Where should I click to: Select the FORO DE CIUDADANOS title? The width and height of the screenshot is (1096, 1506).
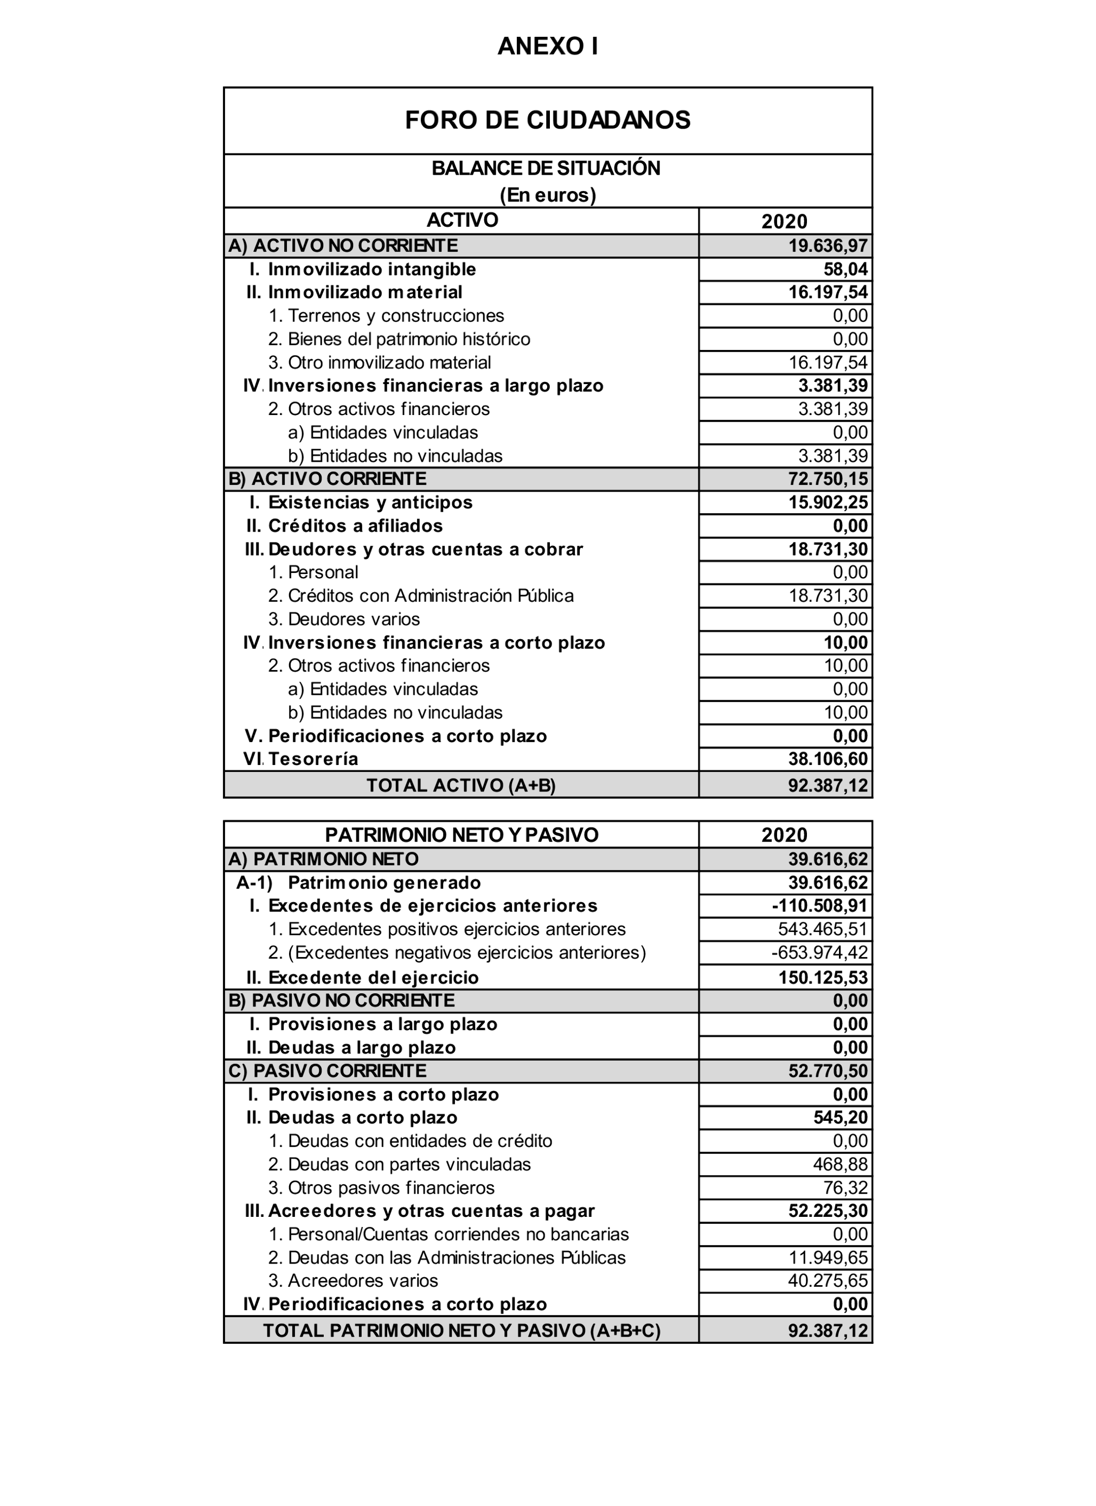pos(548,120)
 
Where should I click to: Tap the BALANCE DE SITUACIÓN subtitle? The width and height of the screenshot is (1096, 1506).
pos(546,169)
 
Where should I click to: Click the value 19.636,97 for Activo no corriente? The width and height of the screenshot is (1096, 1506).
pos(827,246)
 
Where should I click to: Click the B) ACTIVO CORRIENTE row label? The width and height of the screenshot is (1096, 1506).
pos(327,478)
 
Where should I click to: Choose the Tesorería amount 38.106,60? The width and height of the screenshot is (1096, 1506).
pos(827,759)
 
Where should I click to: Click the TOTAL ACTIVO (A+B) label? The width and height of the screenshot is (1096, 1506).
pos(461,786)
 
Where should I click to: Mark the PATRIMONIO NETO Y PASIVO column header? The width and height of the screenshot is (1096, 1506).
pos(462,835)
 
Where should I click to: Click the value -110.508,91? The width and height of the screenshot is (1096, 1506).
pos(819,906)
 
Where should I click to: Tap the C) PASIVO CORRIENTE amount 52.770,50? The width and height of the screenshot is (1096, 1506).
pos(827,1071)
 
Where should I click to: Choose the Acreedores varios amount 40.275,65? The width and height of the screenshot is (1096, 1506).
pos(827,1280)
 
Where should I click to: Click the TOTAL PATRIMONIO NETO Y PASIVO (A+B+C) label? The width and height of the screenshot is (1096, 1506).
pos(462,1331)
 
